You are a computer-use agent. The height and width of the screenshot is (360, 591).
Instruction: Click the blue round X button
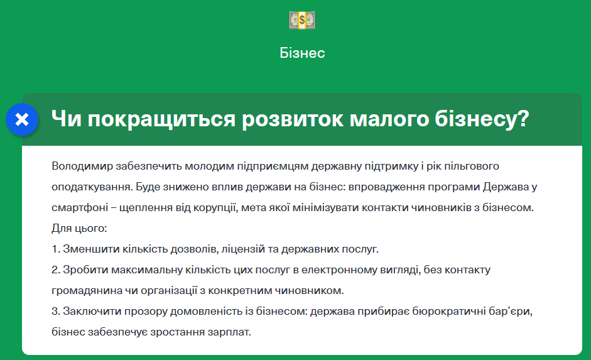[22, 119]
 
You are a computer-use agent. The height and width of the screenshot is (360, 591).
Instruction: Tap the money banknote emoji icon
[302, 20]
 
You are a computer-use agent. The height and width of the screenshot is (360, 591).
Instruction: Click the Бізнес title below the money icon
[302, 53]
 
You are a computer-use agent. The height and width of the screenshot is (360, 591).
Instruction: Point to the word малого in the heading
[389, 119]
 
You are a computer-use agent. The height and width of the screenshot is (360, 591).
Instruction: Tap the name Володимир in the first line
[82, 166]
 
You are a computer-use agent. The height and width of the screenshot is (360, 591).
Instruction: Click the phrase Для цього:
[79, 229]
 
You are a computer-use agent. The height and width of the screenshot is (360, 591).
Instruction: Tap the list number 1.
[56, 249]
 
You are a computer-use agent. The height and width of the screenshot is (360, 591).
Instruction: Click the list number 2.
[56, 270]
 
